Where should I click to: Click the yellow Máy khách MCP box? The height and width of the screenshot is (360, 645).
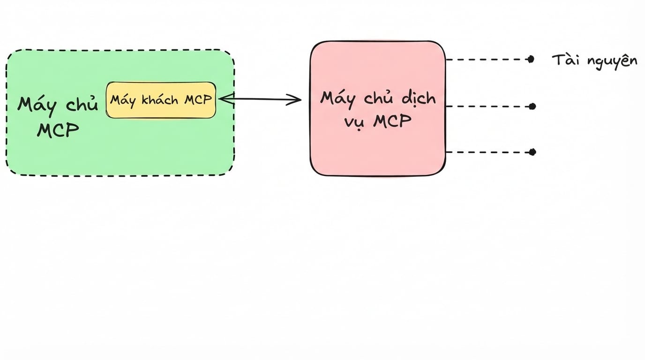(x=161, y=100)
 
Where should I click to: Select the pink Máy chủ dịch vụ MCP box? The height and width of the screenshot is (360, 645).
(x=378, y=108)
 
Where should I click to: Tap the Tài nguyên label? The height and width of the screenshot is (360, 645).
(x=594, y=61)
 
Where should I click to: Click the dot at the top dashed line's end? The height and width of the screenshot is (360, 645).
(x=531, y=60)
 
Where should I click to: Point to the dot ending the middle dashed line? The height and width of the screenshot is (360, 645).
(x=532, y=106)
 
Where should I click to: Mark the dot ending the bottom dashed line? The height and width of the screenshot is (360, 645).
(x=532, y=152)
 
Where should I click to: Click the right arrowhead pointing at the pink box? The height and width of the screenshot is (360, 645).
(x=294, y=100)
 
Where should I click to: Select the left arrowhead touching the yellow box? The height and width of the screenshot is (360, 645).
(x=226, y=98)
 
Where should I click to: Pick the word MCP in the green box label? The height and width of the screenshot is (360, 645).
(x=58, y=130)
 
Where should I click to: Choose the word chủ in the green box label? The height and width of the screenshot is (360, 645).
(x=82, y=104)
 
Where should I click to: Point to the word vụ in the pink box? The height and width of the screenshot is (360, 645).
(x=355, y=123)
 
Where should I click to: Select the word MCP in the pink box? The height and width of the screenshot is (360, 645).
(x=392, y=121)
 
